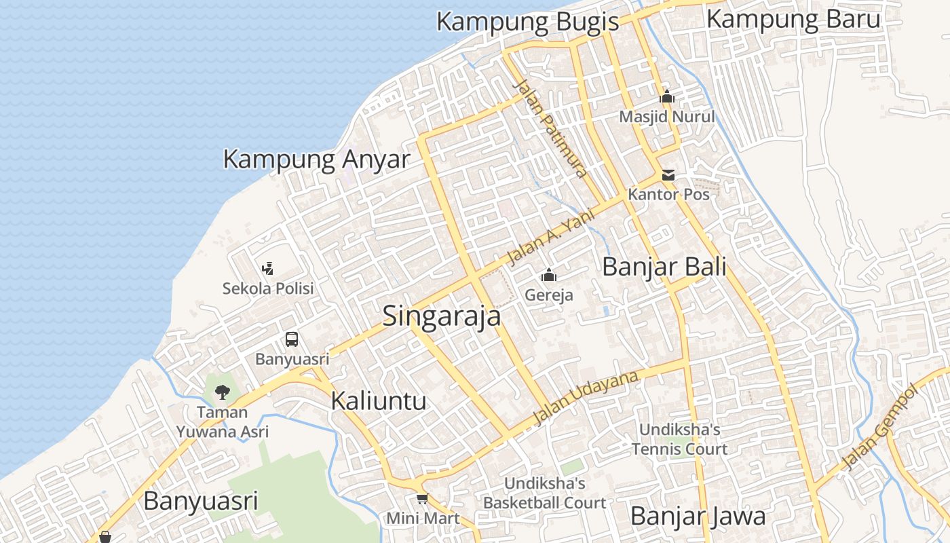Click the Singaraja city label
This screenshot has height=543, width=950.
[x=442, y=316]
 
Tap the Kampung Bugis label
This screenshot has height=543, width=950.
[x=527, y=22]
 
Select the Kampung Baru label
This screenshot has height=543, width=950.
[x=793, y=19]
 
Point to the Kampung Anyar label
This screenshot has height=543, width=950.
[x=316, y=160]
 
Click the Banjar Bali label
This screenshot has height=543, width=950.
[x=664, y=267]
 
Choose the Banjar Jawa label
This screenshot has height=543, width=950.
[x=698, y=516]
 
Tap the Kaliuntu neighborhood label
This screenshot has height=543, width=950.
[x=378, y=400]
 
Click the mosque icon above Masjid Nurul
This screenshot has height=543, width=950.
[x=667, y=98]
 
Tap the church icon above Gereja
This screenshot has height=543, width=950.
[x=548, y=276]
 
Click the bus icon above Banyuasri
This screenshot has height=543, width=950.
[x=292, y=339]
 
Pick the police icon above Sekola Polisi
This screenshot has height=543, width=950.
[x=268, y=269]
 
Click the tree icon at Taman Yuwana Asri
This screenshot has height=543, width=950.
[x=222, y=392]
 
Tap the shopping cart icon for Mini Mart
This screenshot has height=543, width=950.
[x=423, y=500]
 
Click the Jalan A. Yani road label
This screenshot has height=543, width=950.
[x=551, y=238]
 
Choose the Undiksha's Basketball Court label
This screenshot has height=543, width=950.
[x=544, y=493]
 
